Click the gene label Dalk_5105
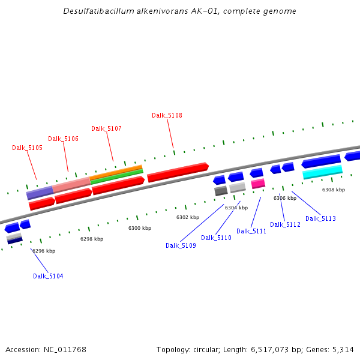click(27, 148)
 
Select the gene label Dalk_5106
click(63, 139)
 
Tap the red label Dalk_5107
click(106, 128)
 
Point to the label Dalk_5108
click(167, 115)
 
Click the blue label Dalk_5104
click(48, 276)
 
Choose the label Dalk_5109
click(181, 245)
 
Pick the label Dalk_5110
click(216, 238)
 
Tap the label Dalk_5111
click(251, 231)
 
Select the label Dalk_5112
click(285, 224)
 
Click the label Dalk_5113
click(320, 218)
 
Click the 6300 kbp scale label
click(140, 228)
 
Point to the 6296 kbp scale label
click(44, 251)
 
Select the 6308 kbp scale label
click(334, 190)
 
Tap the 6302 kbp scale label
click(188, 217)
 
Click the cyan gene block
click(322, 173)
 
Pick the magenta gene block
click(258, 184)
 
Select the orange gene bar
click(116, 172)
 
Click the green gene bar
click(116, 177)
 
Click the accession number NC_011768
click(67, 349)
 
